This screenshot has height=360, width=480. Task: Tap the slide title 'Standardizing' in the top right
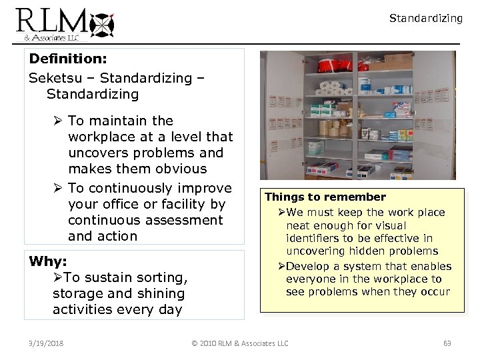point(425,19)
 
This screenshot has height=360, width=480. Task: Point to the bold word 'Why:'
point(49,261)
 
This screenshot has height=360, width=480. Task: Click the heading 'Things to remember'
point(325,197)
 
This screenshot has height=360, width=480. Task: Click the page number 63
point(447,343)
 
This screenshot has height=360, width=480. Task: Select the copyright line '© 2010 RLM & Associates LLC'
point(240,343)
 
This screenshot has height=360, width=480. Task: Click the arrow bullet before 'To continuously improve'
point(59,189)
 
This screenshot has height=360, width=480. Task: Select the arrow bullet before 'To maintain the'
point(59,121)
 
